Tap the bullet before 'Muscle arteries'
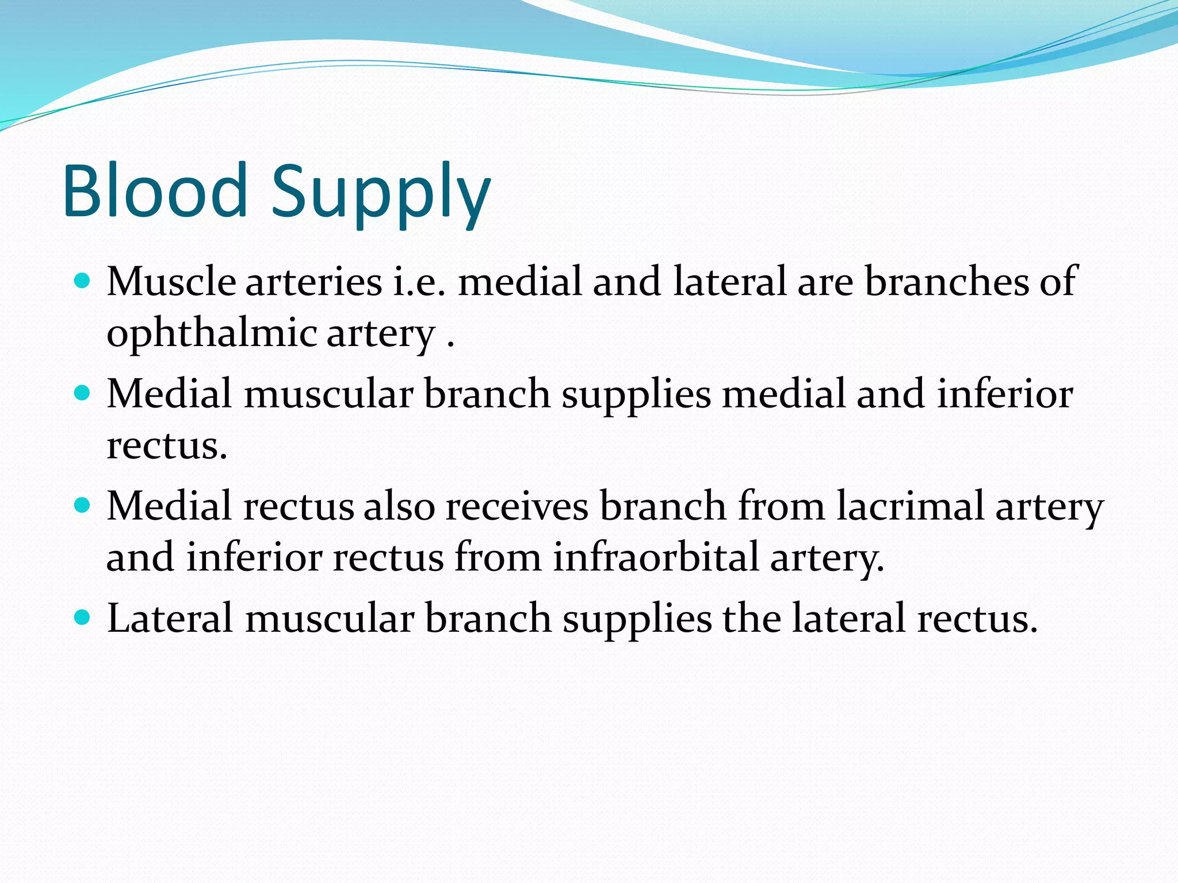(83, 281)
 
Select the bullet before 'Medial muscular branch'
(83, 393)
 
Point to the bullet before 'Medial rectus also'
(83, 505)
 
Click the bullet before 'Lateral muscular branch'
(83, 617)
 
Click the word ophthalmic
(212, 334)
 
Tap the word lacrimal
(910, 506)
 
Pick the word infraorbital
(656, 557)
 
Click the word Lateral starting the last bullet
(170, 619)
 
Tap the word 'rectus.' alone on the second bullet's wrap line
(167, 446)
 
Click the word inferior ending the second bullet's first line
(1004, 394)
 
